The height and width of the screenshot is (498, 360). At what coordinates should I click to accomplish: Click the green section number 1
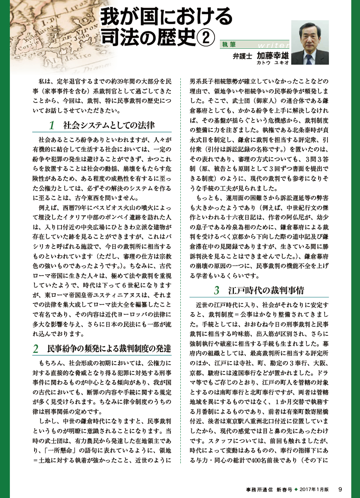click(x=52, y=126)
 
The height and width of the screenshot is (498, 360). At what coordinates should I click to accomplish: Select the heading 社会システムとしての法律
click(x=109, y=126)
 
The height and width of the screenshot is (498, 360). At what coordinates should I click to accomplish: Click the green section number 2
click(x=36, y=349)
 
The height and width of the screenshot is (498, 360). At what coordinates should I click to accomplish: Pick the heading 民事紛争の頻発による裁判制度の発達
click(x=109, y=349)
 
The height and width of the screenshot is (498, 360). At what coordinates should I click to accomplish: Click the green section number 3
click(x=216, y=290)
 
